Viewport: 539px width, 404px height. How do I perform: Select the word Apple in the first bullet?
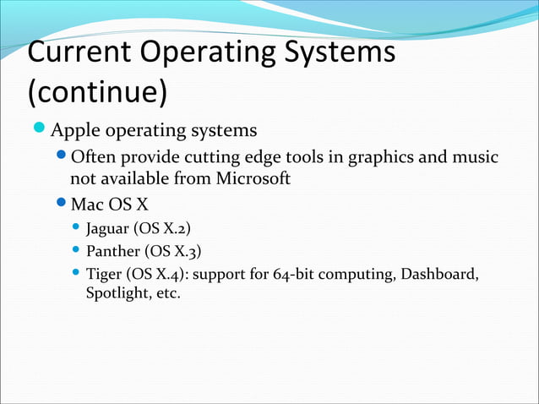tap(77, 131)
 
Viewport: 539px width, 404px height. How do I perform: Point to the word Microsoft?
tap(253, 178)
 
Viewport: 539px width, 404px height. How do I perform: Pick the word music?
tap(475, 157)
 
